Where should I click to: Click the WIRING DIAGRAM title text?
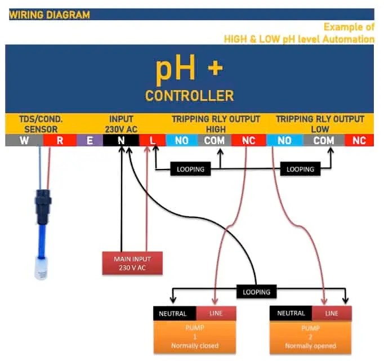pos(50,15)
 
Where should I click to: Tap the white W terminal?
pos(24,140)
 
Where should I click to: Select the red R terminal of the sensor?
pos(60,140)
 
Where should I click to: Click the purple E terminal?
pos(90,140)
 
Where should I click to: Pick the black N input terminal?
pos(120,140)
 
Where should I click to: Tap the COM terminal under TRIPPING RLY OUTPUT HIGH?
pos(215,140)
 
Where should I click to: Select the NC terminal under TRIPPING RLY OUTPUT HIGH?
pos(248,140)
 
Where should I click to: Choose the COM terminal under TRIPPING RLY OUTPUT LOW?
pos(324,140)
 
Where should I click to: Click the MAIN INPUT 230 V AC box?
pos(132,262)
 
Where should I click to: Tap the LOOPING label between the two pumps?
pos(256,292)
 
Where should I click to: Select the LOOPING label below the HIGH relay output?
pos(190,168)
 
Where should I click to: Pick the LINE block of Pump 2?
pos(332,313)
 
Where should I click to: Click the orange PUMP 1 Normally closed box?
pos(195,336)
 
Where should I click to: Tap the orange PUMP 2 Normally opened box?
pos(311,336)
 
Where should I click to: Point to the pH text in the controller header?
pos(175,69)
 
